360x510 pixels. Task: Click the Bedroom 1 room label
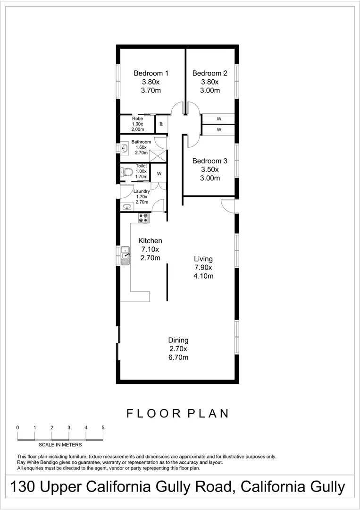[151, 73]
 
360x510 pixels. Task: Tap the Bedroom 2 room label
[210, 73]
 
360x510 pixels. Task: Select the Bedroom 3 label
[210, 161]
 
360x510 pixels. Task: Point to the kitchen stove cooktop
[143, 218]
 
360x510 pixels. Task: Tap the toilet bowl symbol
[126, 172]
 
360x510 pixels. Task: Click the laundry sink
[126, 207]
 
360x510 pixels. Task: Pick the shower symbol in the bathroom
[159, 156]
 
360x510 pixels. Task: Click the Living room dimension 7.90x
[204, 267]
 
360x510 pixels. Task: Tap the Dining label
[179, 340]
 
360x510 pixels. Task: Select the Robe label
[137, 119]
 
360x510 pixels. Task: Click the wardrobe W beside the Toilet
[159, 173]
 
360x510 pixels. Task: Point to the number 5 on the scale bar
[103, 427]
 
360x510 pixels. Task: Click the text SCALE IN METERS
[60, 444]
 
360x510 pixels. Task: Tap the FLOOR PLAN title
[178, 414]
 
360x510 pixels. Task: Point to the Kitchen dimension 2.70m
[150, 258]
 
